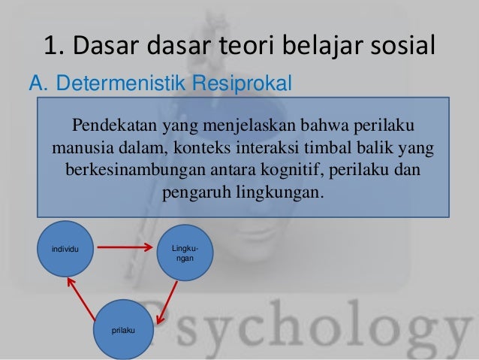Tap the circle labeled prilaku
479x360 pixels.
click(119, 328)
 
